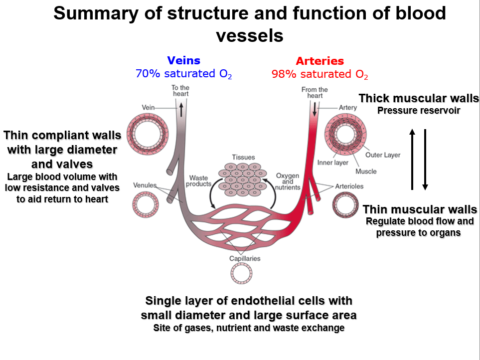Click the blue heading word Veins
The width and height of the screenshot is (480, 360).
click(184, 61)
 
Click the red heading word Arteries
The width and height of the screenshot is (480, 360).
click(320, 61)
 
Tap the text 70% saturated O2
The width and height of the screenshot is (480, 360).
click(184, 74)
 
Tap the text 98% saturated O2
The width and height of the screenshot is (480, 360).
click(320, 75)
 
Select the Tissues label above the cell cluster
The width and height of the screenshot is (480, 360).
click(243, 158)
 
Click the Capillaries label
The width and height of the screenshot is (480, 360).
click(245, 258)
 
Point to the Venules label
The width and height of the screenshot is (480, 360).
click(145, 185)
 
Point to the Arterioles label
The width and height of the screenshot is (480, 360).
click(349, 186)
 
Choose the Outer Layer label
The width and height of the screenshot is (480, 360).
click(383, 155)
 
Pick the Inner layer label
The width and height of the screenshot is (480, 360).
click(333, 163)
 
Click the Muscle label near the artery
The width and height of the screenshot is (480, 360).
click(366, 172)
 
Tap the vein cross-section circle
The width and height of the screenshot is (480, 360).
click(146, 132)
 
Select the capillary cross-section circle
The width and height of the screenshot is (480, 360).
click(241, 273)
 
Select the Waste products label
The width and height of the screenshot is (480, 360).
click(198, 181)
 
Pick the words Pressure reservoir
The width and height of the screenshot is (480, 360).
click(419, 110)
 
